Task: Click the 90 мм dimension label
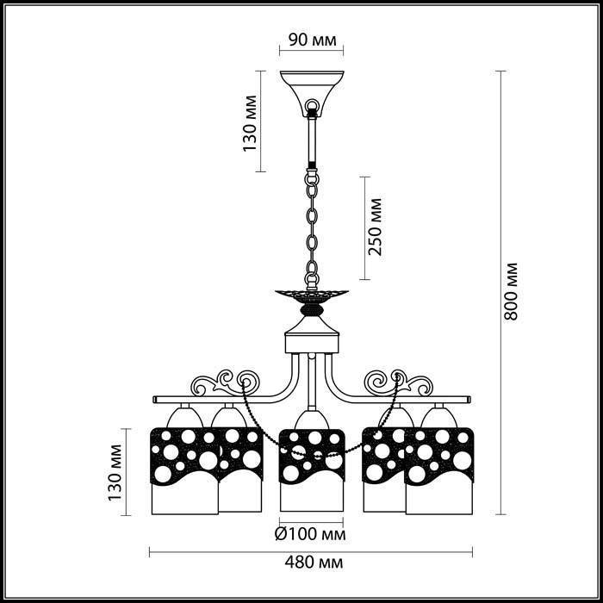312,40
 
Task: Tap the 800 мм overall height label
511,291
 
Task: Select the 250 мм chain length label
376,227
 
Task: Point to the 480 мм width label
314,563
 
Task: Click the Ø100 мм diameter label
310,534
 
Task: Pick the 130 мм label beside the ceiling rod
250,123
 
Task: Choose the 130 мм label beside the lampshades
115,473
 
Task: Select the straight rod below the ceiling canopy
312,142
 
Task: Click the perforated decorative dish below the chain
312,296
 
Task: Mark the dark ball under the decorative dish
312,309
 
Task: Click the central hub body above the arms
312,334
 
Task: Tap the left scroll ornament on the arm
226,382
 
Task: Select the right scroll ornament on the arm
398,382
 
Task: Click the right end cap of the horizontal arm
469,399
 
